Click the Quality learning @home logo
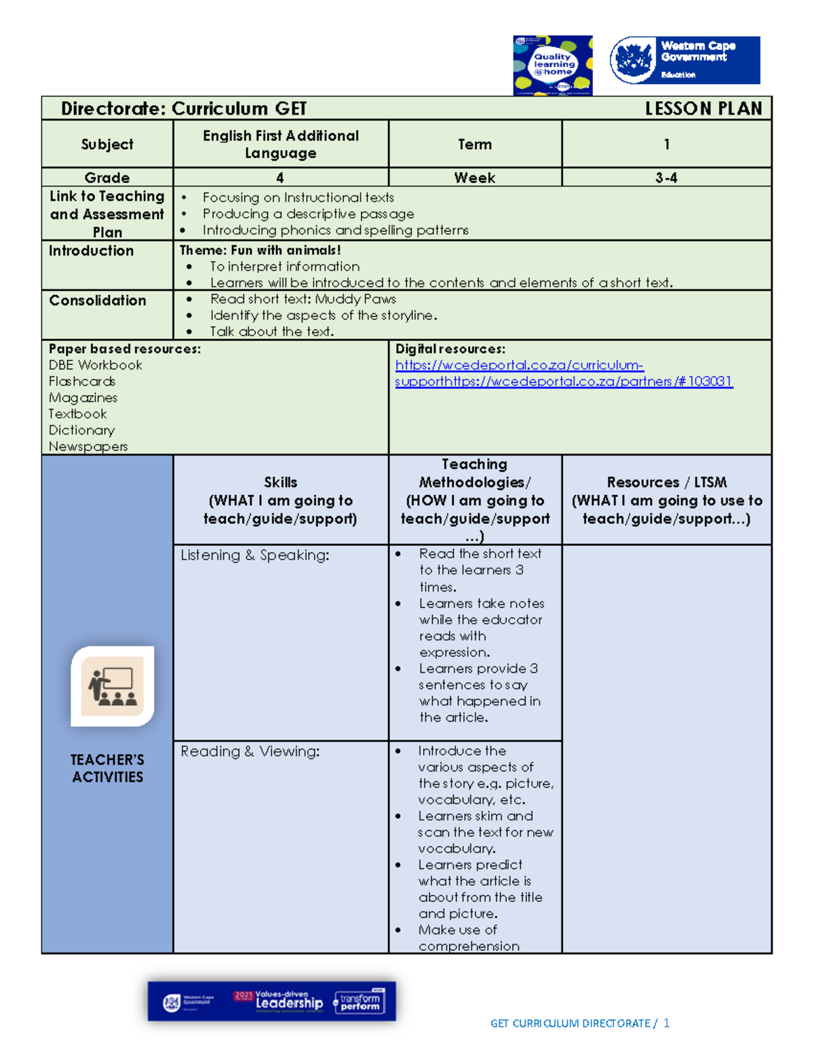(552, 65)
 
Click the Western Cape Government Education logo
(684, 60)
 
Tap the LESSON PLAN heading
(703, 108)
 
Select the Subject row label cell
(107, 144)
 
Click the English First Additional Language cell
(281, 144)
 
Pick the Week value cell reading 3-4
(666, 178)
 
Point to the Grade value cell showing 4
(279, 178)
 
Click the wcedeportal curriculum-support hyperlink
(519, 365)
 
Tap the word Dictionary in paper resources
(81, 431)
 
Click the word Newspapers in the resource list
(88, 447)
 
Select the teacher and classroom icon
(113, 686)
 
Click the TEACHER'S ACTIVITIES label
(107, 768)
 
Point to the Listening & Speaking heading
(255, 555)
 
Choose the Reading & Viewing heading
(250, 751)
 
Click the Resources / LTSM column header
(666, 500)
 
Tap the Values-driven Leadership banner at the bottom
(272, 1001)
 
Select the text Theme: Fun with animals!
(260, 250)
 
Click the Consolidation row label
(98, 300)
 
